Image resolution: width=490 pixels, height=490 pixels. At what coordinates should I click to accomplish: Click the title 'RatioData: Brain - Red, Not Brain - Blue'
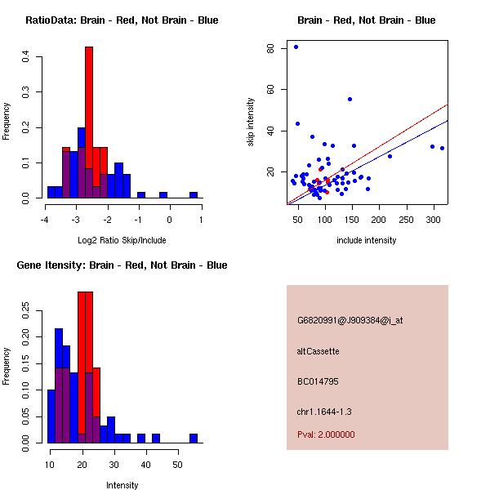(122, 20)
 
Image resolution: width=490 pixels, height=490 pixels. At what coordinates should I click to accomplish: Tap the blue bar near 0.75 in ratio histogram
(194, 195)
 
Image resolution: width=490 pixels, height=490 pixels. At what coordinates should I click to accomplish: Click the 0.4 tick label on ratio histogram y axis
(27, 56)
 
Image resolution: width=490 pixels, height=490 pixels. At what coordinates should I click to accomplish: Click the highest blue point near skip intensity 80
(296, 47)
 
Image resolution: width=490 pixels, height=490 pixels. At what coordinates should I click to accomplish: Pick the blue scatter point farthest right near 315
(442, 148)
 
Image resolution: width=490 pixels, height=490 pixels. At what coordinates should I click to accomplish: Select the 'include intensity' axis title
(367, 241)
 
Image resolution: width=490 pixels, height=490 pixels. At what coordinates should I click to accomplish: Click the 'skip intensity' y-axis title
(252, 122)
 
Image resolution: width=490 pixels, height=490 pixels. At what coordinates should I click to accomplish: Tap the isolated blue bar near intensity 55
(194, 438)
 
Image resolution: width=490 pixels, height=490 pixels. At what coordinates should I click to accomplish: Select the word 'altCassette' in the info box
(318, 351)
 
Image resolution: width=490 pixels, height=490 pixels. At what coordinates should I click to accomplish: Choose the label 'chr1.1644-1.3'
(324, 412)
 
